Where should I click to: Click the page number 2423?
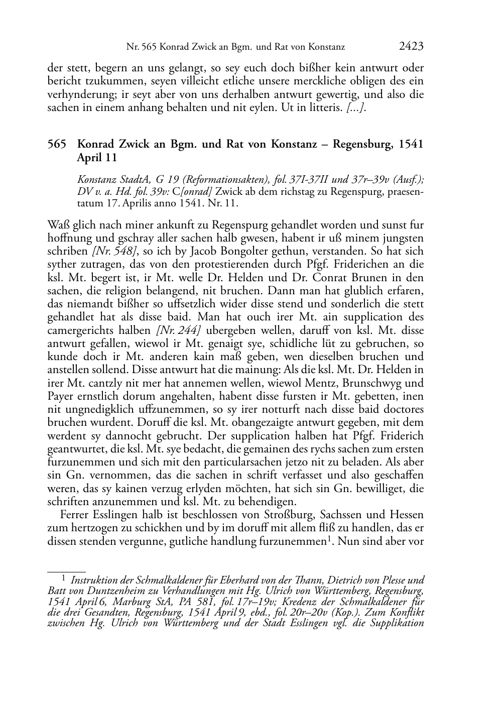pos(411,47)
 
